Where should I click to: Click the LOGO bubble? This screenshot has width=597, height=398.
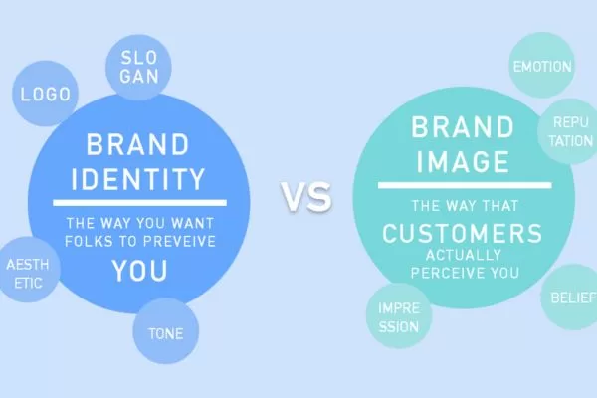(x=44, y=96)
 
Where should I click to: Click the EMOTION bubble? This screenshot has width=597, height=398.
(x=541, y=67)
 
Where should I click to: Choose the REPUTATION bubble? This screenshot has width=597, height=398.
(x=566, y=131)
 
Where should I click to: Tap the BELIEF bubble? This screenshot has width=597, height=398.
(x=571, y=296)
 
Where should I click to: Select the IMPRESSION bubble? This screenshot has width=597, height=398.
(x=398, y=316)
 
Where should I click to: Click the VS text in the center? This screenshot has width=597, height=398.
(x=305, y=198)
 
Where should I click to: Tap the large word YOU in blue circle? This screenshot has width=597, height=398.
(x=139, y=270)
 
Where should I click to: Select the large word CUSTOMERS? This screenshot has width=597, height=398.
(x=462, y=235)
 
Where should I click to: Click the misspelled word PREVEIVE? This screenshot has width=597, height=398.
(x=181, y=242)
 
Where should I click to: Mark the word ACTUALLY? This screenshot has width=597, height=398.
(x=462, y=256)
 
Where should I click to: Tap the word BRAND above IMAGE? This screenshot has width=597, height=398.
(x=462, y=127)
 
